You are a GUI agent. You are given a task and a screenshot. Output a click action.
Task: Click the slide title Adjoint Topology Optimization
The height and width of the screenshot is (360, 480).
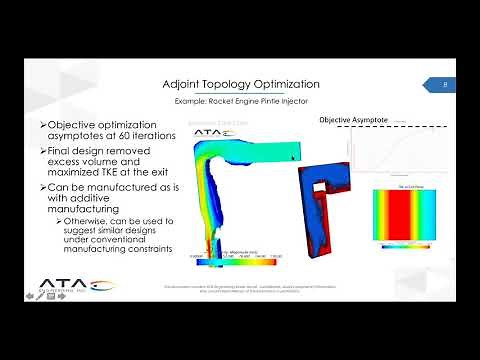pyautogui.click(x=240, y=84)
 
